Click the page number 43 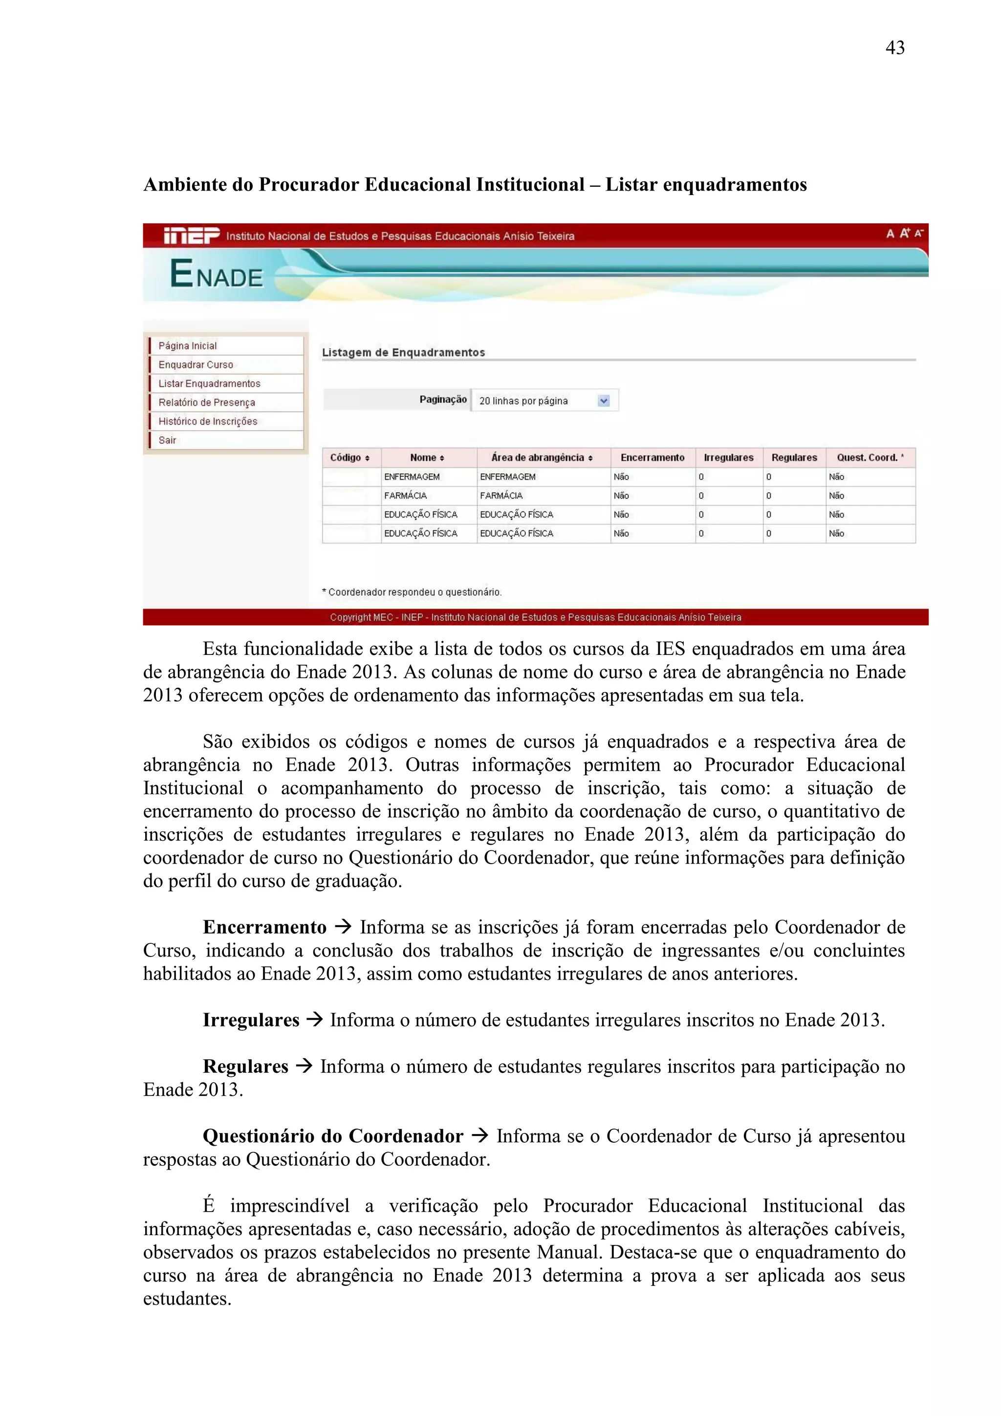[x=894, y=48]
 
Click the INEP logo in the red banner [x=191, y=236]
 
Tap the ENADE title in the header [x=217, y=275]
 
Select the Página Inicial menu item [x=188, y=346]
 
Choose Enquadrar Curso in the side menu [x=196, y=365]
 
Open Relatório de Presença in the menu [x=207, y=403]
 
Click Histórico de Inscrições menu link [x=208, y=421]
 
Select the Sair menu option [x=167, y=440]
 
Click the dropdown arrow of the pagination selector [x=604, y=401]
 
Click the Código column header [x=349, y=457]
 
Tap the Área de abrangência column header [x=542, y=457]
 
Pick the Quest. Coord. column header [x=870, y=457]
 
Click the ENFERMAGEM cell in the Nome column [x=412, y=477]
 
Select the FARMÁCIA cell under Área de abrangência [x=501, y=496]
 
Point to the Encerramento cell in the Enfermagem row [x=621, y=477]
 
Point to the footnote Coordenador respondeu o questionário [x=412, y=592]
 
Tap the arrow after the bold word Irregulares [x=315, y=1020]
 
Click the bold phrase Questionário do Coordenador [x=332, y=1136]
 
